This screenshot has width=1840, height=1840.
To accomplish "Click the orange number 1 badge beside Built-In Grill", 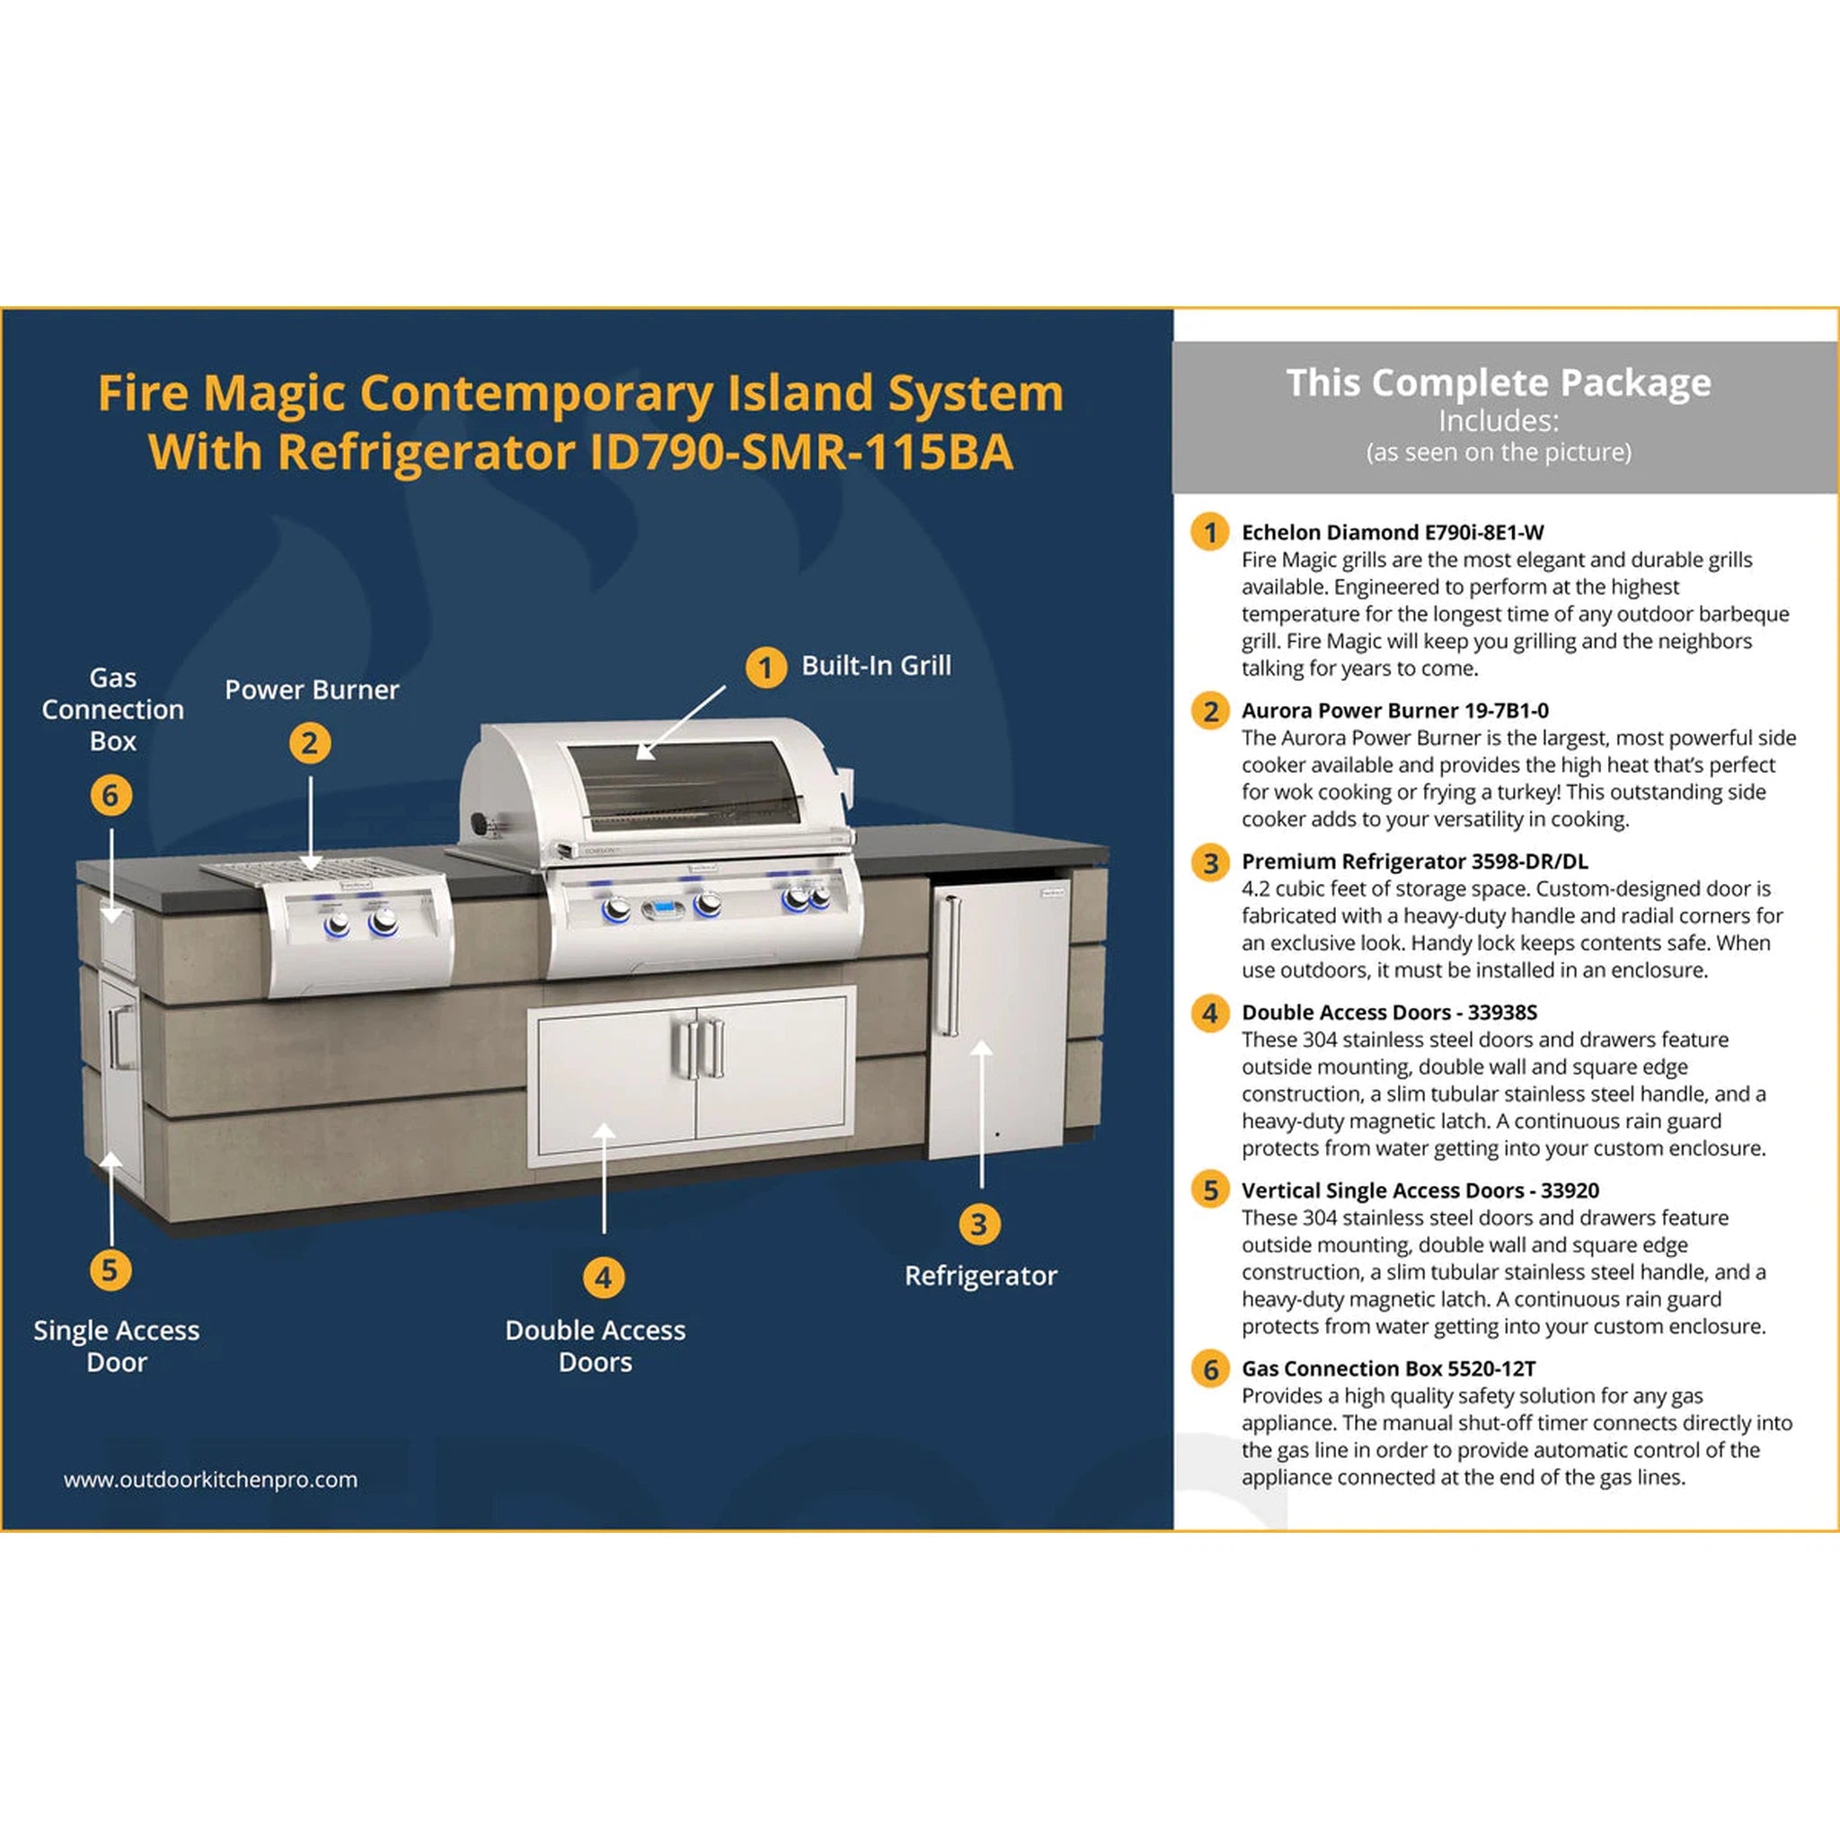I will pos(765,668).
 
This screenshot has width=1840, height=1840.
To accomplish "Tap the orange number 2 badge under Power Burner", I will pos(310,743).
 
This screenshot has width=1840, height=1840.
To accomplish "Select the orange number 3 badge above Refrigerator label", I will pos(979,1224).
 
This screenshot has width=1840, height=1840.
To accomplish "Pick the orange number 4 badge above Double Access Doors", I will pos(603,1278).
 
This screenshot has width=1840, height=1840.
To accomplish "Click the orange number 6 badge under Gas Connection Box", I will pos(111,794).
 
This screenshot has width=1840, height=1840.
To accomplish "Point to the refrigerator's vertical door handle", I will pos(947,966).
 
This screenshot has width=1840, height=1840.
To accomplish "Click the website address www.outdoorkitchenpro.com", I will pos(210,1479).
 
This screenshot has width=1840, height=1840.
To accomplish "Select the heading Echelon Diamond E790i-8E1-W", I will pos(1393,533).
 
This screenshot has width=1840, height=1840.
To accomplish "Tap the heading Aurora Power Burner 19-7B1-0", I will pos(1394,711).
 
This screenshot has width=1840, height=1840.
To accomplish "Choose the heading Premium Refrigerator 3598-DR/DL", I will pos(1414,861).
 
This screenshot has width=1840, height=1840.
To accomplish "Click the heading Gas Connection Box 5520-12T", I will pos(1387,1368).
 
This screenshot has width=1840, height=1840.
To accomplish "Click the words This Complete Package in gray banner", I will pos(1498,383).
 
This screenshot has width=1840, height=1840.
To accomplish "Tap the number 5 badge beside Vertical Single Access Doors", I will pos(1209,1190).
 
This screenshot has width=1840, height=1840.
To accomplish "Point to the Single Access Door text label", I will pos(116,1346).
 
